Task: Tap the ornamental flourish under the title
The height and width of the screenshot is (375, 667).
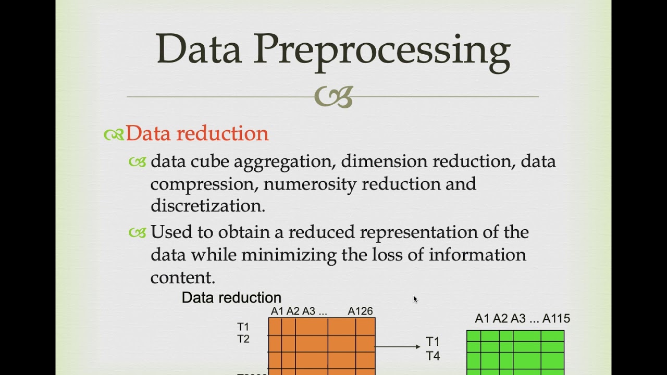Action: click(x=333, y=97)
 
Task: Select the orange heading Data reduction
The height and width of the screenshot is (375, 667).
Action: click(x=197, y=134)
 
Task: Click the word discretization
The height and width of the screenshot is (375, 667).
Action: click(x=207, y=206)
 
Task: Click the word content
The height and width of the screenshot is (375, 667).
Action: click(x=182, y=277)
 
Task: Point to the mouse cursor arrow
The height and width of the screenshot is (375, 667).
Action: click(x=415, y=298)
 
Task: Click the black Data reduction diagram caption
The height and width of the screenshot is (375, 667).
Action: click(x=231, y=298)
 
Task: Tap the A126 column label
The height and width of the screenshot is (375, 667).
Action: click(x=360, y=311)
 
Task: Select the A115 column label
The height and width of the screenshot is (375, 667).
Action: click(x=556, y=319)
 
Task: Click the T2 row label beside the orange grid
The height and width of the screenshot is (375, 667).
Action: click(x=243, y=339)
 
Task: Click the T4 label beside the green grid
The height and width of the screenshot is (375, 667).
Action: click(x=433, y=356)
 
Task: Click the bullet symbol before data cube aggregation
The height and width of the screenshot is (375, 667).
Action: click(x=138, y=162)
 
